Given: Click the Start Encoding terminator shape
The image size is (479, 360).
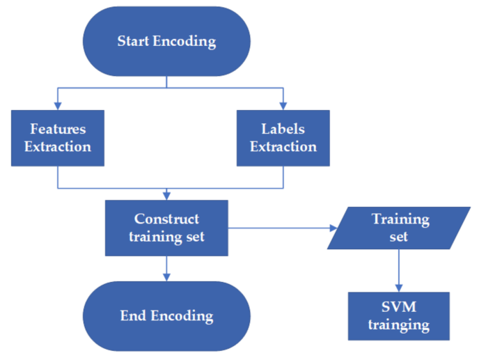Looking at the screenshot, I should pos(166,41).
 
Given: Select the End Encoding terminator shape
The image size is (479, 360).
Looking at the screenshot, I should pos(166,315).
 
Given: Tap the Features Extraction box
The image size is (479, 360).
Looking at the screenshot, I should pos(58,138).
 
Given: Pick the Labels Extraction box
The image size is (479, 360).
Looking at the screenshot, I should pos(283,138).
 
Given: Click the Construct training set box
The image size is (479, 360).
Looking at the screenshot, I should pos(166,228).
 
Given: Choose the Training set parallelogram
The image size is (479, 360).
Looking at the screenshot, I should pos(400,228).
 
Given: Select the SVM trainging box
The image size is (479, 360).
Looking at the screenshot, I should pos(400,315).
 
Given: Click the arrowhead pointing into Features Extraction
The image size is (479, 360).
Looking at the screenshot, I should pos(58,106).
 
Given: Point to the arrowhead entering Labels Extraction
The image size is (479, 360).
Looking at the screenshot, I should pos(283,106).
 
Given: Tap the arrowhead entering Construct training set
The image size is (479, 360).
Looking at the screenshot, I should pos(166,196).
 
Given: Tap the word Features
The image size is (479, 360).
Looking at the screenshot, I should pos(58,129).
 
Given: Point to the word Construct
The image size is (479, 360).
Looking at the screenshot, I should pos(166,219).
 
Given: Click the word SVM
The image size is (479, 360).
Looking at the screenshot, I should pos(400,307).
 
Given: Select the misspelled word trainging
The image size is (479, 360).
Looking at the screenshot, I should pos(400,324).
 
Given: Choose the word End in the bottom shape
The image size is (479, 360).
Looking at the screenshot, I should pos(132,315).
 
